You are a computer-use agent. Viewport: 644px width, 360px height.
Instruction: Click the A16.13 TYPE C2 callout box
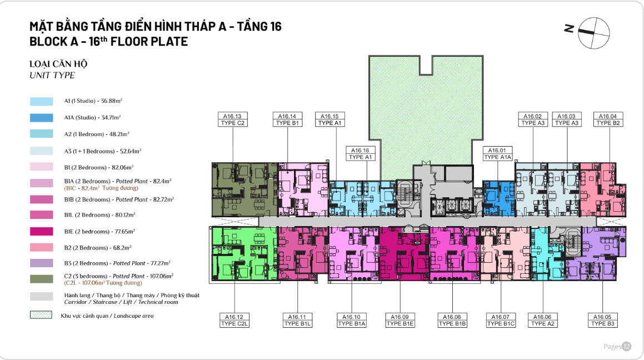[232, 119]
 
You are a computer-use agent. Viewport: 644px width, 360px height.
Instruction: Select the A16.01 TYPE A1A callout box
[497, 153]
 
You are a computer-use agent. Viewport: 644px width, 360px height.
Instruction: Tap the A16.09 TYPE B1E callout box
[400, 320]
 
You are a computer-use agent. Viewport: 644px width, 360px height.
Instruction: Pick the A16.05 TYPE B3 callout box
[602, 320]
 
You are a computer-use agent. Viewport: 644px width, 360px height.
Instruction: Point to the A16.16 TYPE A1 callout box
[360, 153]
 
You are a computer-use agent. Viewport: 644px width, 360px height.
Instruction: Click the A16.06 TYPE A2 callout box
[542, 320]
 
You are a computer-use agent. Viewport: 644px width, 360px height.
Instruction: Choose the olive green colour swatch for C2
[42, 279]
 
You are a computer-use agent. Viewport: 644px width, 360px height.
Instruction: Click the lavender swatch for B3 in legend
[42, 263]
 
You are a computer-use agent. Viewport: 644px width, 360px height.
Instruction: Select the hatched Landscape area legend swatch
[41, 315]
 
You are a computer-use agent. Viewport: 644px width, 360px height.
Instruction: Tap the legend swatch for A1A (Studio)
[42, 118]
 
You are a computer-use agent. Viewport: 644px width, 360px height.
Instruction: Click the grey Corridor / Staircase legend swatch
[42, 296]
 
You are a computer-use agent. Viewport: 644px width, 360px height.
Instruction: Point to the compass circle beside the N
[594, 33]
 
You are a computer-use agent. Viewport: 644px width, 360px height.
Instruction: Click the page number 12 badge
[626, 347]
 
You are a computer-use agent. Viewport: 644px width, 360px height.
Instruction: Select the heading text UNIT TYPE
[52, 75]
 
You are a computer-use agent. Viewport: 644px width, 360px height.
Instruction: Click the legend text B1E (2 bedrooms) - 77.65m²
[99, 232]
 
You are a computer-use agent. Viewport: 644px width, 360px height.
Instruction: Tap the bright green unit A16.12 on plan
[245, 254]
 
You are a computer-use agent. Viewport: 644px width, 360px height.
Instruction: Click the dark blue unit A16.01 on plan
[498, 198]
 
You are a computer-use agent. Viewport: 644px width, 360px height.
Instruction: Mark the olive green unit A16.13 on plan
[245, 189]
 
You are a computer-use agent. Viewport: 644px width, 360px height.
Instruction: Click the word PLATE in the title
[169, 42]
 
